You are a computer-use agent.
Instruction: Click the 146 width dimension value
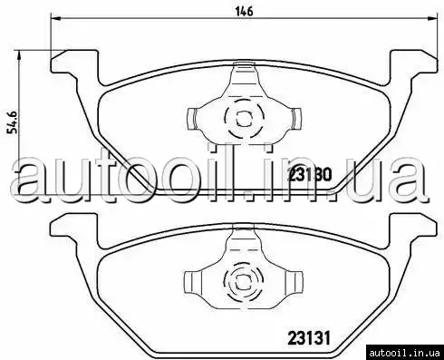click(244, 12)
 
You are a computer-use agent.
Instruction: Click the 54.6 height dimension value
click(14, 122)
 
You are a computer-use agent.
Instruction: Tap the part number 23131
click(309, 337)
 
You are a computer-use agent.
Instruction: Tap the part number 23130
click(310, 174)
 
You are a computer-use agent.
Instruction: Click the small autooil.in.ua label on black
click(404, 353)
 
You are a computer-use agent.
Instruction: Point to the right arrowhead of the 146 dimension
click(432, 19)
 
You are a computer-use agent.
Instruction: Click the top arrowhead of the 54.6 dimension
click(19, 55)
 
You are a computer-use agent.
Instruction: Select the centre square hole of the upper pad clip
click(244, 119)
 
